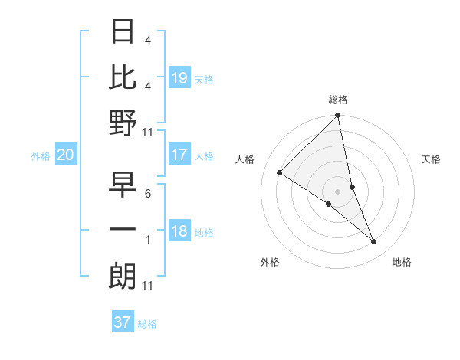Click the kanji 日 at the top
coord(123,33)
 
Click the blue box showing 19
coord(179,78)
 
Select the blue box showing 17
coord(179,155)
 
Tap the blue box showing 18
coord(179,232)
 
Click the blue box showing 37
coord(122,322)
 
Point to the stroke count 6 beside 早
coord(147,195)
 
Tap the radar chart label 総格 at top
coord(338,100)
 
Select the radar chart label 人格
coord(245,159)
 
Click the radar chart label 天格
coord(431,159)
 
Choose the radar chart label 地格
coord(402,262)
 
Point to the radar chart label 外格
coord(270,262)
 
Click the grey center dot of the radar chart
coord(338,190)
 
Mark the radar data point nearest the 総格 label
coord(338,116)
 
